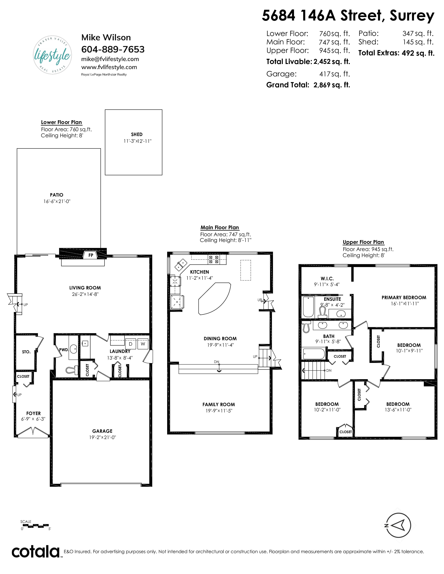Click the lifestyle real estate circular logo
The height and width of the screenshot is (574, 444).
tap(53, 55)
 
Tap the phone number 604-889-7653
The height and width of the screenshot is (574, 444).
tap(113, 49)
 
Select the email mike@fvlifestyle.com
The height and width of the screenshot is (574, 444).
tap(110, 59)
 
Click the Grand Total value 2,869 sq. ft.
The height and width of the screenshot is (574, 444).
tap(332, 85)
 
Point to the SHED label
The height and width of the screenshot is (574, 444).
tap(137, 134)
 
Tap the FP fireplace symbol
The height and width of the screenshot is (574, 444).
tap(91, 255)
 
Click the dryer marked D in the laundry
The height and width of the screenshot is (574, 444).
tap(130, 344)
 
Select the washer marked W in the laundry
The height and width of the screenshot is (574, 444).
tap(143, 344)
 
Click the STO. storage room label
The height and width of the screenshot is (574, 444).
tap(26, 352)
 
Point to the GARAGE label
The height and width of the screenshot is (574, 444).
tap(102, 431)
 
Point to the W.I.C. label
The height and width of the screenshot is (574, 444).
tap(327, 279)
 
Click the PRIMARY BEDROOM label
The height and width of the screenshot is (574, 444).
tap(404, 297)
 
